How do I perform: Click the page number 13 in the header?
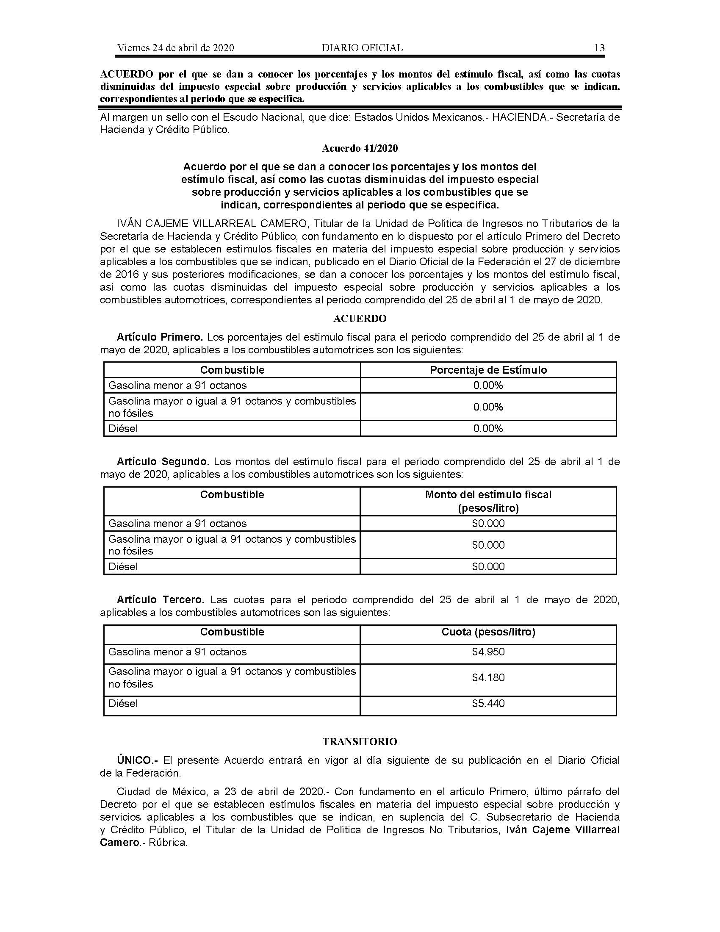599,48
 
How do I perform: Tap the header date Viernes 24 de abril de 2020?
175,48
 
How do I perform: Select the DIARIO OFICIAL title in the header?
362,48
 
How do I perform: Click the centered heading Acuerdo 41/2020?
360,148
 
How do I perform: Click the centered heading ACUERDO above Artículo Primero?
360,318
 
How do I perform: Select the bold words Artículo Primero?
160,337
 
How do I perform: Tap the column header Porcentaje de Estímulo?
488,370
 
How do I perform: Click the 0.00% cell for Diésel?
488,428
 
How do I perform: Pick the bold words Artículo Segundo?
163,462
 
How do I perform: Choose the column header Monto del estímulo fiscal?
488,494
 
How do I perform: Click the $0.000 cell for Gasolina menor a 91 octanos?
488,523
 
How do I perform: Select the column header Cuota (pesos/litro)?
488,632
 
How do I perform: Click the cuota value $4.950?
488,652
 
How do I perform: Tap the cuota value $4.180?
488,677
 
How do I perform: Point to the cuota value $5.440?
488,703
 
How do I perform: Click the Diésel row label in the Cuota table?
123,703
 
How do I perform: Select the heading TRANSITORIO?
360,742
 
